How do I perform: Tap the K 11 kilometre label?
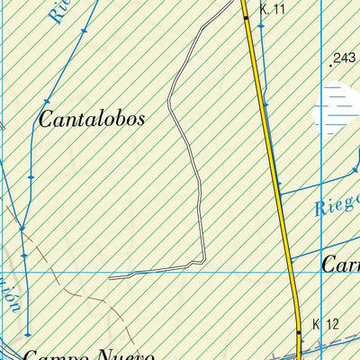[272, 9]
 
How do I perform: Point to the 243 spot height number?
[345, 59]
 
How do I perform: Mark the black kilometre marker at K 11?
[246, 16]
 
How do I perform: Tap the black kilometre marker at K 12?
[299, 331]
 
